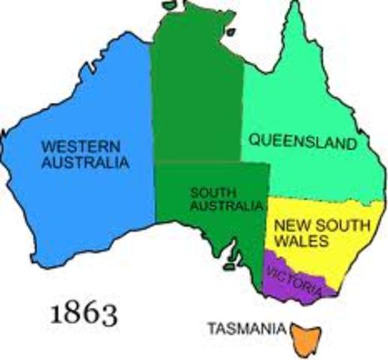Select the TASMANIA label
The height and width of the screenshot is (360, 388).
(246, 328)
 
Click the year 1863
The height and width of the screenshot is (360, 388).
(84, 313)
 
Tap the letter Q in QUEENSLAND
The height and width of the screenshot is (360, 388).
(254, 140)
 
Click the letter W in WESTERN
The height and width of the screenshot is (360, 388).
(46, 145)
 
